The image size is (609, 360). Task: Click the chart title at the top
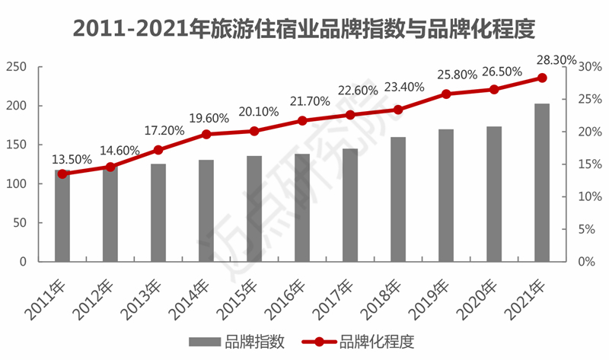coord(304,28)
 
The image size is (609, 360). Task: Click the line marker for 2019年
coord(446,94)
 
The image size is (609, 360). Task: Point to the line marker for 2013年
coord(158,150)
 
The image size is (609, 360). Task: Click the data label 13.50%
coord(72,160)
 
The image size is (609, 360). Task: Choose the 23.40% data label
coord(404,87)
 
